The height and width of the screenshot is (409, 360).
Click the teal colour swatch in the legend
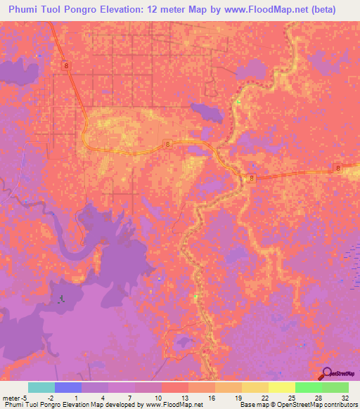41,387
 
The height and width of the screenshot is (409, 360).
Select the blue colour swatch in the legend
68,387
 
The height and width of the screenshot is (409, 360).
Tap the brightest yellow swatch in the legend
281,387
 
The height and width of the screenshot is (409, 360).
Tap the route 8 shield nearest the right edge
338,167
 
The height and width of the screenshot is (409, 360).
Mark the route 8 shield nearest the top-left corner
66,65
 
